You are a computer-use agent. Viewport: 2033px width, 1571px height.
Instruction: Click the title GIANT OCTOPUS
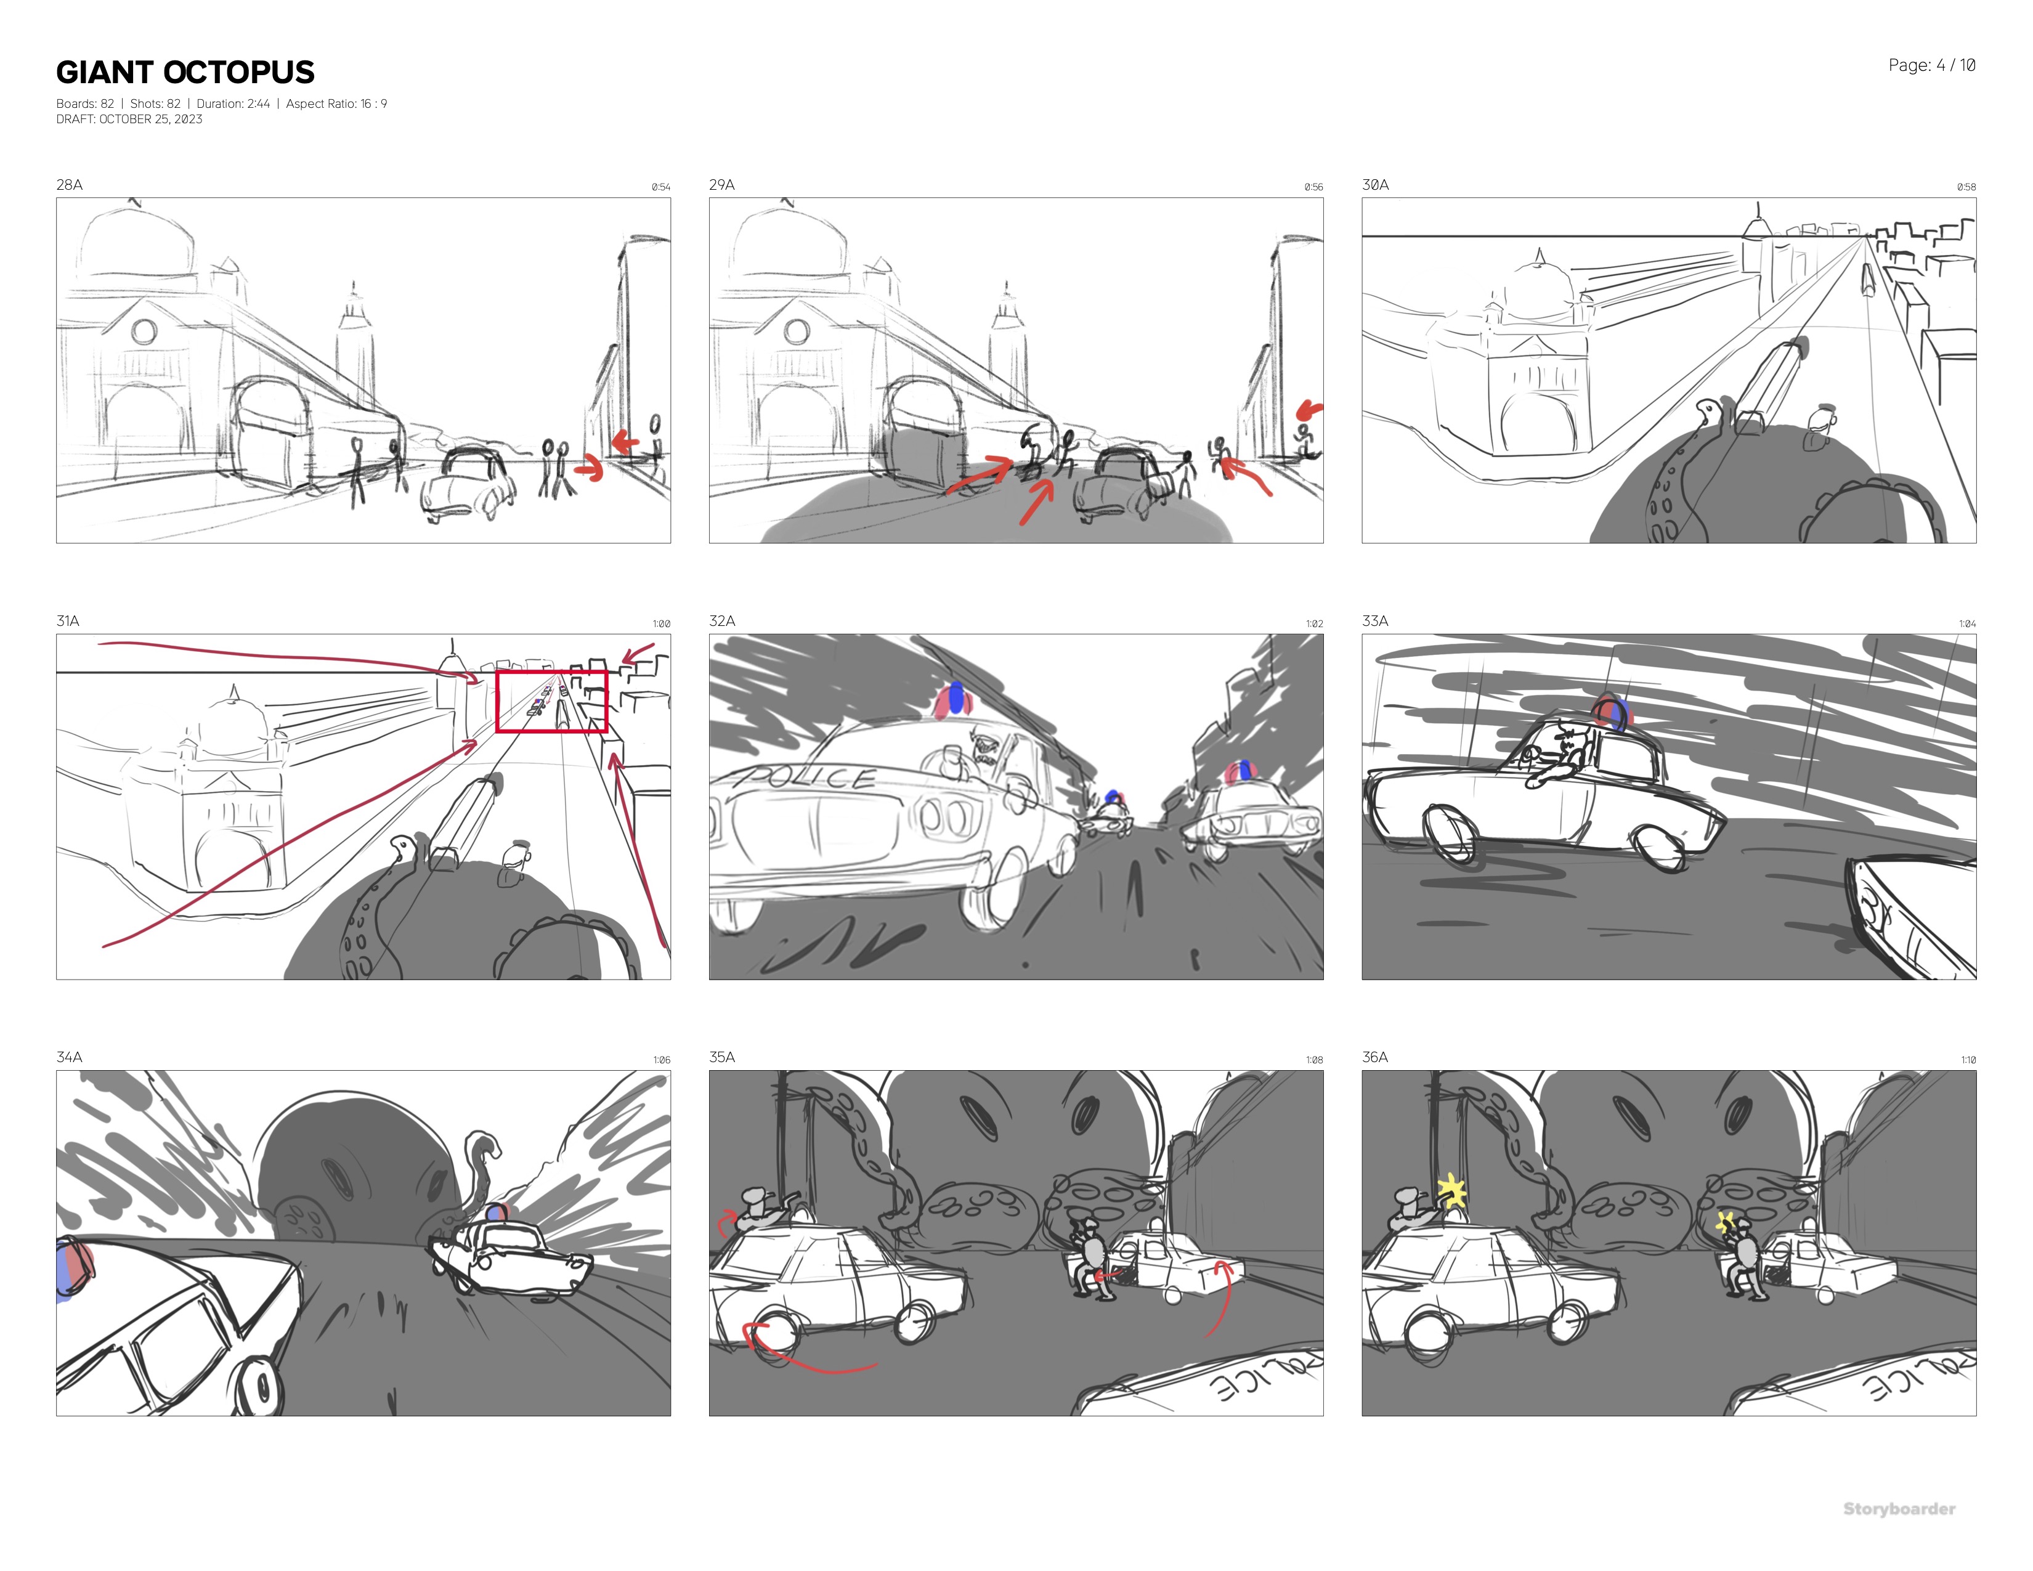pyautogui.click(x=185, y=73)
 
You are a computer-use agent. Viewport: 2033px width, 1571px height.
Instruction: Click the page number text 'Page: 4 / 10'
pyautogui.click(x=1931, y=65)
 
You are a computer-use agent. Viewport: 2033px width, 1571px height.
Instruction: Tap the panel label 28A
pyautogui.click(x=69, y=184)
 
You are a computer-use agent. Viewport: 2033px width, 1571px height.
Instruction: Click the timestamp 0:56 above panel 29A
pyautogui.click(x=1313, y=187)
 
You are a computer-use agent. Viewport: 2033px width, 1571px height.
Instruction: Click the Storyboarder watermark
pyautogui.click(x=1899, y=1509)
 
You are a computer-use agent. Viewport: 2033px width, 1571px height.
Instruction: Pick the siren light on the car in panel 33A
pyautogui.click(x=1612, y=713)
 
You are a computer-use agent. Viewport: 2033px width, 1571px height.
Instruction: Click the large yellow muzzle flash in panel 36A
pyautogui.click(x=1451, y=1192)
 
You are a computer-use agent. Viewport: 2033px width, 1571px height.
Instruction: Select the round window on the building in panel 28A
pyautogui.click(x=144, y=331)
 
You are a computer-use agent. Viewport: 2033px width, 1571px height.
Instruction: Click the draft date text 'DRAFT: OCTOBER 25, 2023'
pyautogui.click(x=129, y=119)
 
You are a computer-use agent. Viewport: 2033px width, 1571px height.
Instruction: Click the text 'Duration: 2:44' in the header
pyautogui.click(x=233, y=104)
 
